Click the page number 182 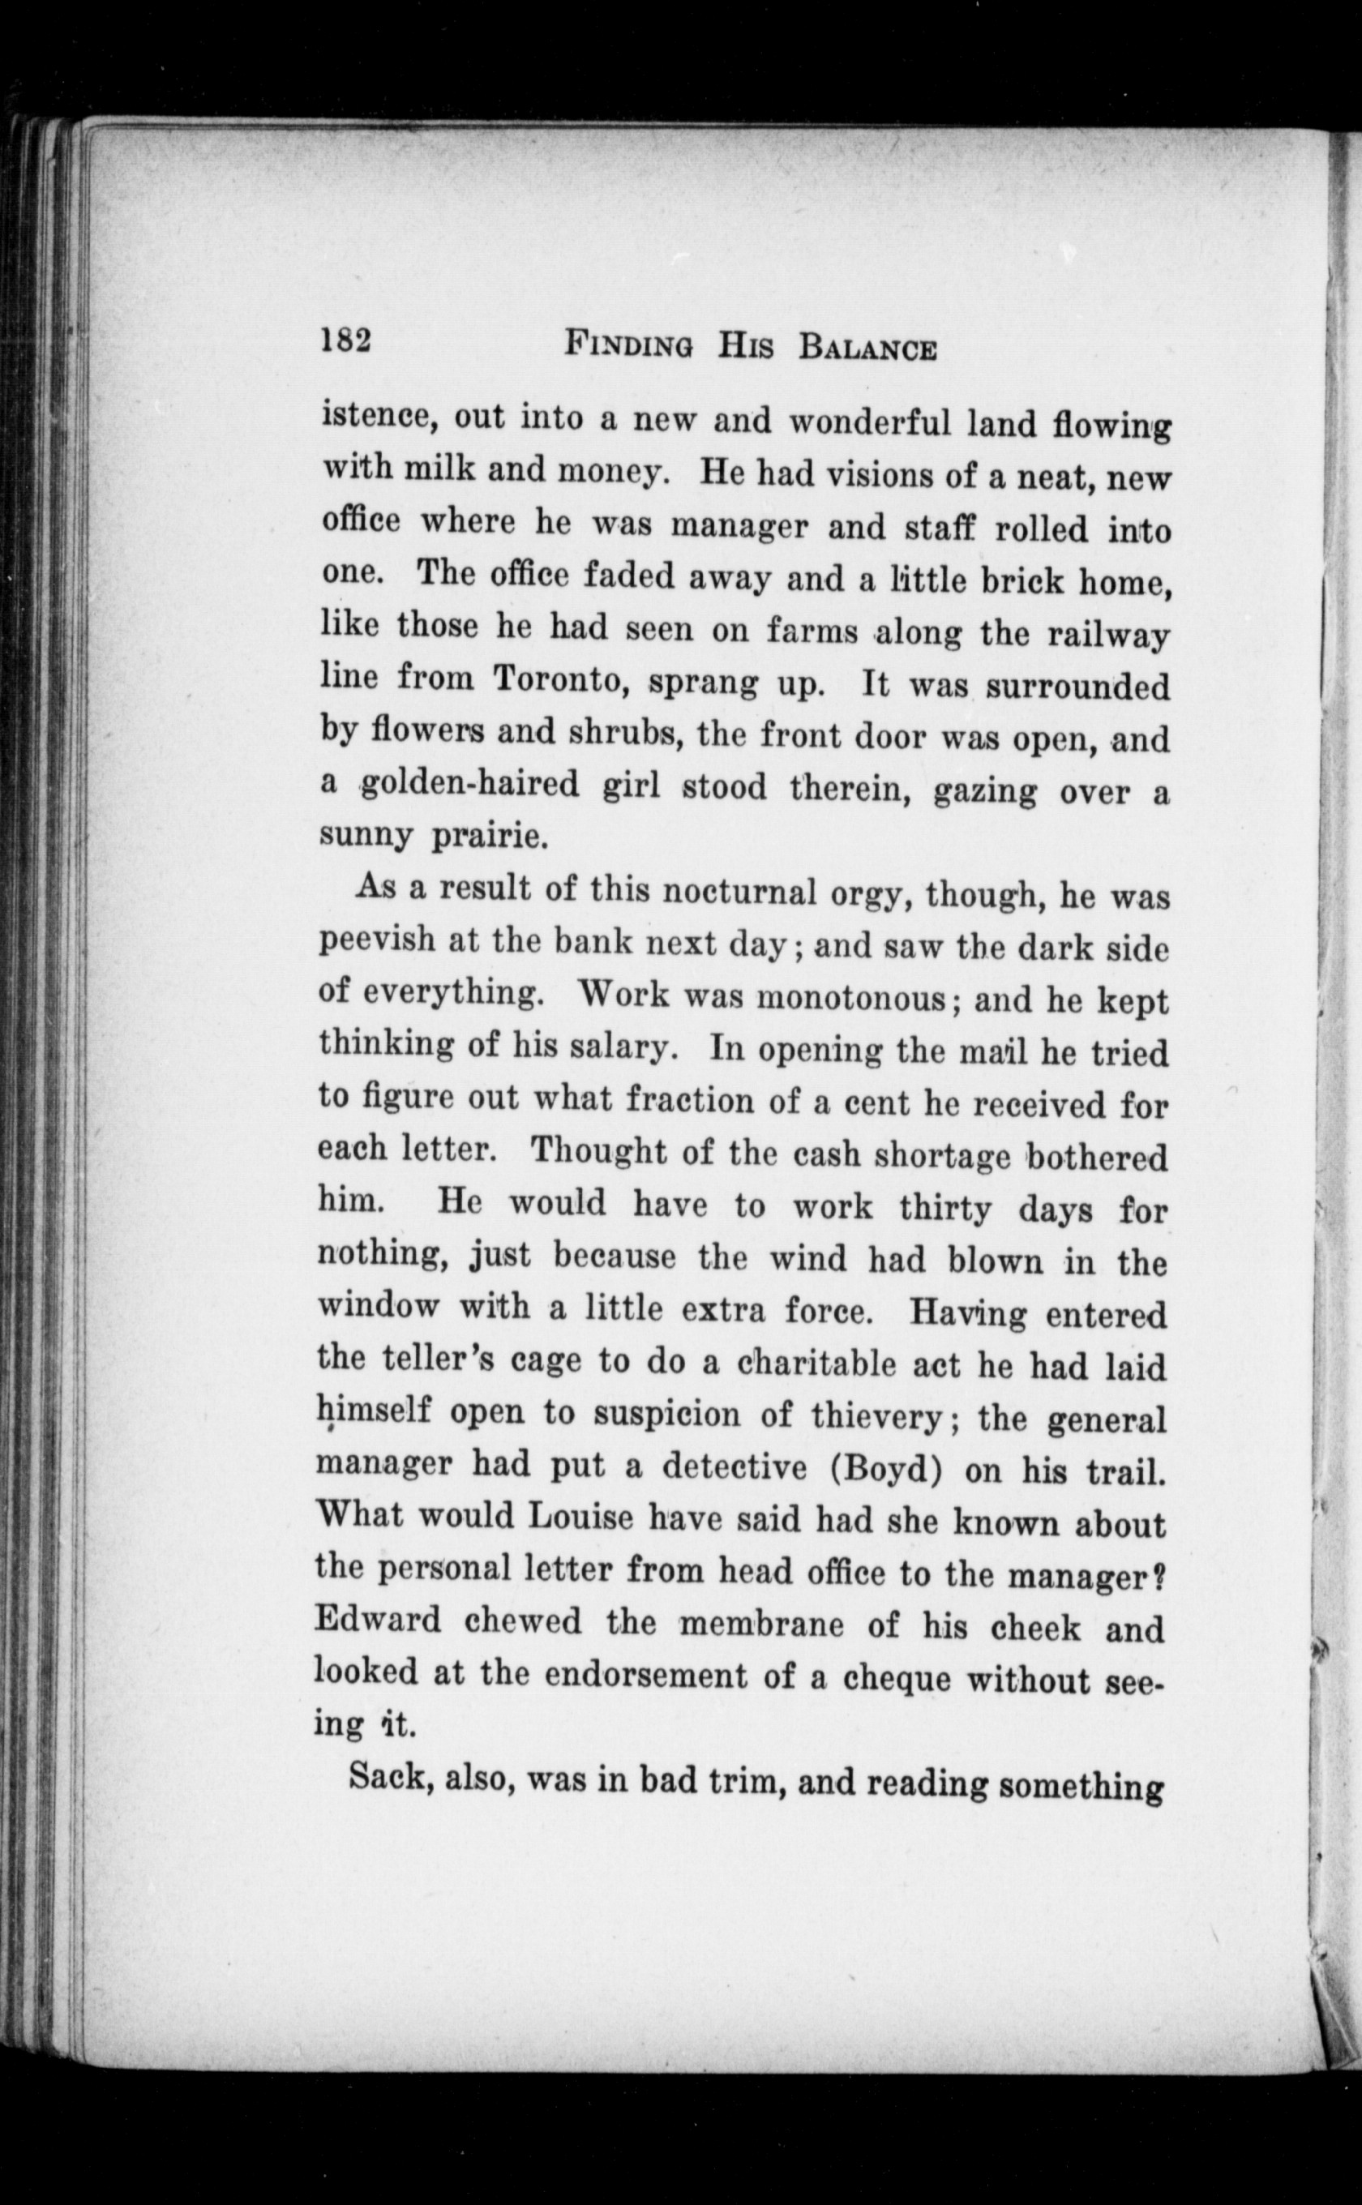(346, 340)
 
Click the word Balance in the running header (867, 348)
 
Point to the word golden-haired (470, 783)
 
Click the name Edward (378, 1621)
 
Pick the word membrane (761, 1625)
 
